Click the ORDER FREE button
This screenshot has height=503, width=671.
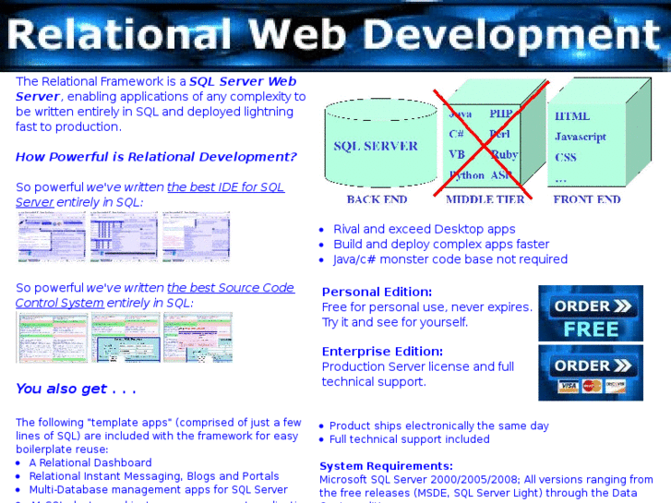point(591,315)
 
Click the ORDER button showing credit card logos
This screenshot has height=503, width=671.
point(591,373)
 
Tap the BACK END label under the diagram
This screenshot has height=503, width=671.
point(377,199)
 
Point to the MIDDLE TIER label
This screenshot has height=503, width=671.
point(485,199)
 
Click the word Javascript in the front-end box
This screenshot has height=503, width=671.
point(581,137)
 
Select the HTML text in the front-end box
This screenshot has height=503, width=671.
point(572,116)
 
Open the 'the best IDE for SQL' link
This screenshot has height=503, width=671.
point(225,186)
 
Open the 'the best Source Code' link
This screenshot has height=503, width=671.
point(230,288)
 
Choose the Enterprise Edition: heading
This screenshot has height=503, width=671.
point(382,352)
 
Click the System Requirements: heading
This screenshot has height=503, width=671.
point(386,466)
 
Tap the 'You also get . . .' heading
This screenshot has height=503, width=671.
point(76,389)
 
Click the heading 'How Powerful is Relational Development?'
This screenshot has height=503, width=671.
point(156,157)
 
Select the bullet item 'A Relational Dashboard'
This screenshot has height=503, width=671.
point(90,462)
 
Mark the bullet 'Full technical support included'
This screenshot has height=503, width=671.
point(409,439)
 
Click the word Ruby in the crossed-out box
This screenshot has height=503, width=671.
point(504,155)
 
